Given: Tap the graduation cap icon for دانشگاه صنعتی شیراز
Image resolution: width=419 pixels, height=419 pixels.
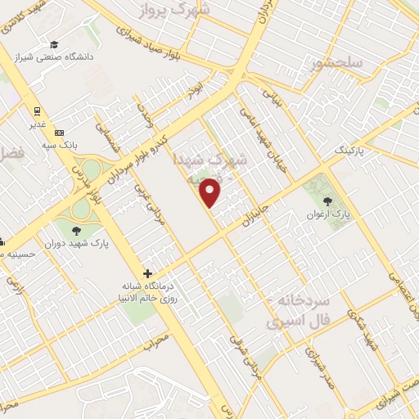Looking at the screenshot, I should click(x=54, y=44).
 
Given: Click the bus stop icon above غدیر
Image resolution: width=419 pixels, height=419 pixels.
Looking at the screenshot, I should click(x=37, y=111).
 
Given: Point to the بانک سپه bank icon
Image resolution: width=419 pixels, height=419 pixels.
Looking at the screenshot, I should click(x=59, y=133).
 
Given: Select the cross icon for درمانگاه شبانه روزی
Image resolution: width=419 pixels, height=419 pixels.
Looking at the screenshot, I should click(x=147, y=273).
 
